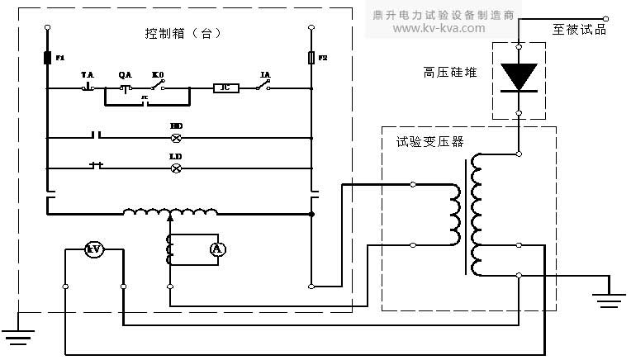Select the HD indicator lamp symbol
176,137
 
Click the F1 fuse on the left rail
46,59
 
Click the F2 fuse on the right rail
311,59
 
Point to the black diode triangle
519,77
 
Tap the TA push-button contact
88,87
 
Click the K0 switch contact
158,86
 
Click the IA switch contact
265,86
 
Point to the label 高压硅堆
446,72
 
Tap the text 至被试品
579,29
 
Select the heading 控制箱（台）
183,34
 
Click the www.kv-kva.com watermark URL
439,28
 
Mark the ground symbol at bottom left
18,334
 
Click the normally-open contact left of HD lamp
97,137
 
